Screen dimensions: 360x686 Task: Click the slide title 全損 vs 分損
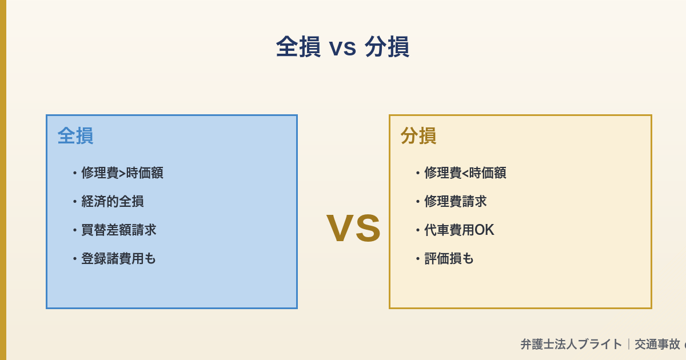(342, 47)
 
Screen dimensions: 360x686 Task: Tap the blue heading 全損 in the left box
(75, 136)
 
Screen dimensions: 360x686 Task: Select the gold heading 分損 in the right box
(418, 136)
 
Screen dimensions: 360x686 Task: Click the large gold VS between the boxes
(353, 228)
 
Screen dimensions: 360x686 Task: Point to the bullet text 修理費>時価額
(122, 173)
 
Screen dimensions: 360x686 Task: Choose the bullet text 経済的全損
(112, 201)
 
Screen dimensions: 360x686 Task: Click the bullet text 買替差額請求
(118, 230)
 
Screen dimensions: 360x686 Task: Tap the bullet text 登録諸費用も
(118, 258)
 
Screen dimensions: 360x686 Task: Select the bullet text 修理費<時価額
(465, 173)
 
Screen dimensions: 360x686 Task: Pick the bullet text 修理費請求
(455, 201)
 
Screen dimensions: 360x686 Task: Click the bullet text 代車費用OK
(459, 230)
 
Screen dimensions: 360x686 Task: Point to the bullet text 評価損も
(449, 258)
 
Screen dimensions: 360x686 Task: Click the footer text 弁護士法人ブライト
(571, 344)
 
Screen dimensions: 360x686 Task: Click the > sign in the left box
(122, 173)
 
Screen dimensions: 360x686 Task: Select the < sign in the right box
(465, 173)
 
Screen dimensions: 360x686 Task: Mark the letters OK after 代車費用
(484, 230)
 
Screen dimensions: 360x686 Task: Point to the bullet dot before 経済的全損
(74, 202)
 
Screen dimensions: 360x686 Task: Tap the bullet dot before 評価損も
(417, 259)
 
